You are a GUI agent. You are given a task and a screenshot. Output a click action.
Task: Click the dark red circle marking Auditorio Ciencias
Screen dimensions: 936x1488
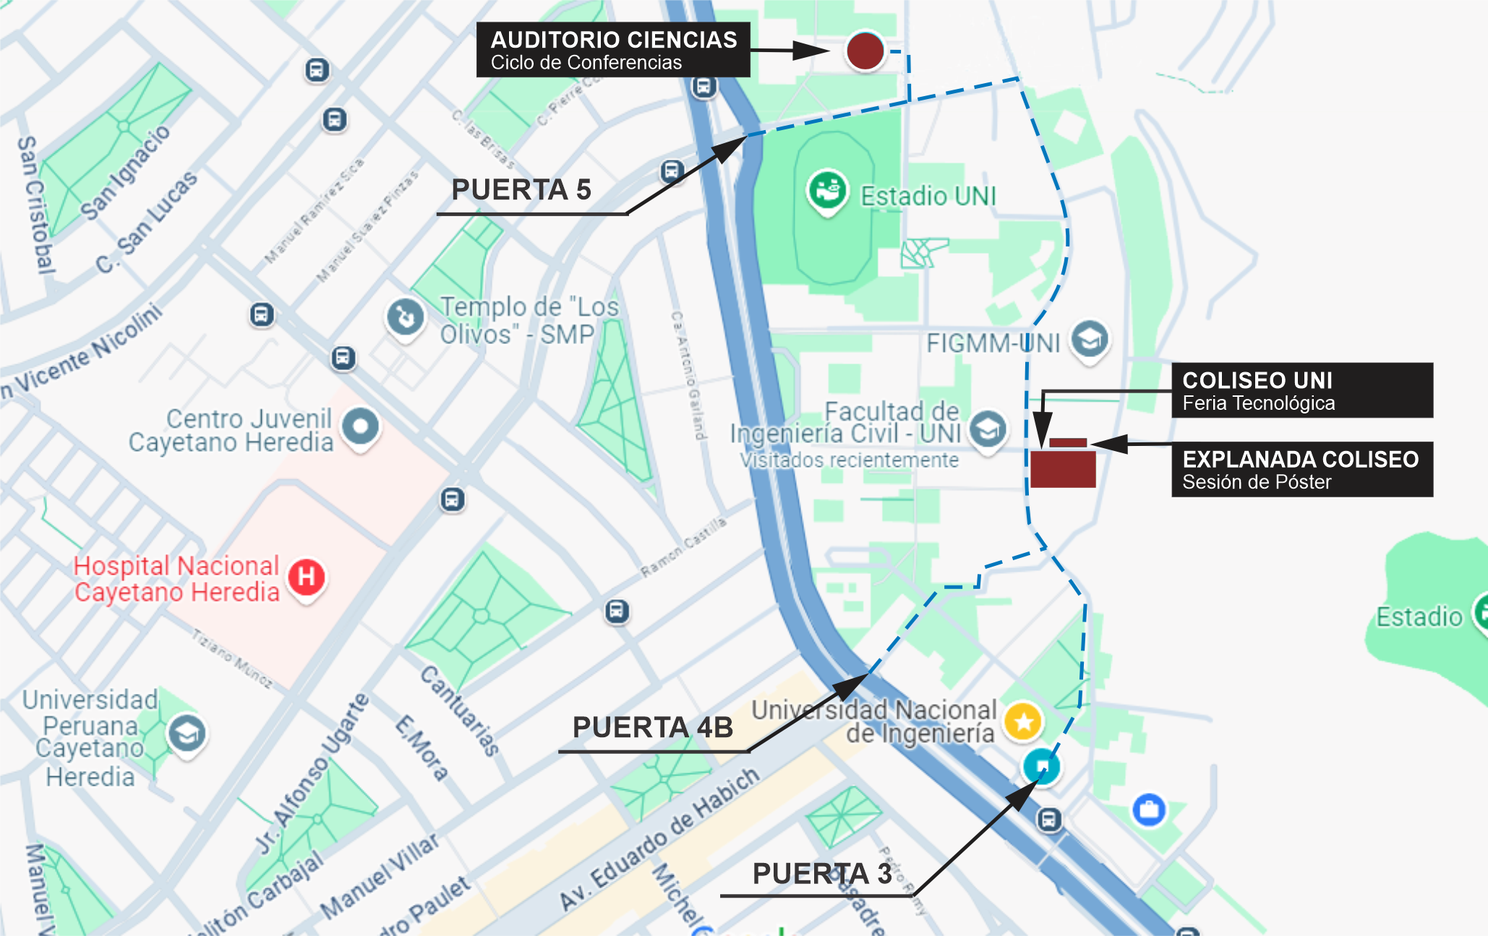pyautogui.click(x=865, y=51)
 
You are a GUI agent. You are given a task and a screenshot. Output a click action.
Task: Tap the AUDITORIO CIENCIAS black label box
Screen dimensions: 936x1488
pyautogui.click(x=613, y=50)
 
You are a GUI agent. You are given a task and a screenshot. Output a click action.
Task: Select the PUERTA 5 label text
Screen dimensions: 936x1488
pyautogui.click(x=521, y=190)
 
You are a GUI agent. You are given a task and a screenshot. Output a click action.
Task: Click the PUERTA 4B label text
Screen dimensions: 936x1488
pyautogui.click(x=652, y=727)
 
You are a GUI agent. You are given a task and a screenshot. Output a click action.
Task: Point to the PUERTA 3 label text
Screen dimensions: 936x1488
pyautogui.click(x=822, y=874)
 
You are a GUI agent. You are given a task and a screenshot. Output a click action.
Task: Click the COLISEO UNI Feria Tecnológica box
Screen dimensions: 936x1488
pyautogui.click(x=1301, y=390)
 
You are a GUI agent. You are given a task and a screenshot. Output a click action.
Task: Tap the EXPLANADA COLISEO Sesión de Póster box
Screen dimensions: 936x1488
pyautogui.click(x=1301, y=469)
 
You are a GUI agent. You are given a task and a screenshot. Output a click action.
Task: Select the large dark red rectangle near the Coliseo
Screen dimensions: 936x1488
pyautogui.click(x=1063, y=469)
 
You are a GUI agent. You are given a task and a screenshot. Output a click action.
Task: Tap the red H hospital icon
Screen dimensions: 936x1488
pyautogui.click(x=307, y=577)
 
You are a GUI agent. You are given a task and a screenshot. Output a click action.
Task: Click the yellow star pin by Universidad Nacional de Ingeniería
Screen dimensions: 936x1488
pyautogui.click(x=1023, y=721)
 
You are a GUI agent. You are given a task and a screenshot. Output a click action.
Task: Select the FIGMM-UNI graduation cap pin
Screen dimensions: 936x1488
pyautogui.click(x=1090, y=338)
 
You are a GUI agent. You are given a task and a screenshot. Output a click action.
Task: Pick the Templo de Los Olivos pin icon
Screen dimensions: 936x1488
pyautogui.click(x=405, y=317)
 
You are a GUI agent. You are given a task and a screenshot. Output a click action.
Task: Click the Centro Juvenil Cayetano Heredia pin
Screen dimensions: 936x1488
pyautogui.click(x=360, y=426)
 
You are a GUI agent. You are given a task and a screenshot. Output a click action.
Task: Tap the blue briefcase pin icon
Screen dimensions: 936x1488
pyautogui.click(x=1149, y=809)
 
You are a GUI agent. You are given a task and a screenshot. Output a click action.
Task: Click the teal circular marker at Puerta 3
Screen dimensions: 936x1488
pyautogui.click(x=1042, y=765)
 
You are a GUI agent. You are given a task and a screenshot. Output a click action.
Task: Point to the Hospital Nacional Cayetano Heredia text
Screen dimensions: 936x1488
pyautogui.click(x=176, y=579)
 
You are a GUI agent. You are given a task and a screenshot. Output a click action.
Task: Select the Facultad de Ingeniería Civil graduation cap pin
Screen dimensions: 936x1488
pyautogui.click(x=988, y=430)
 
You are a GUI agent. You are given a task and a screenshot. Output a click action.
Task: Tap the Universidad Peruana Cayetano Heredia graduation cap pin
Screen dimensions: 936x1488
pyautogui.click(x=187, y=734)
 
